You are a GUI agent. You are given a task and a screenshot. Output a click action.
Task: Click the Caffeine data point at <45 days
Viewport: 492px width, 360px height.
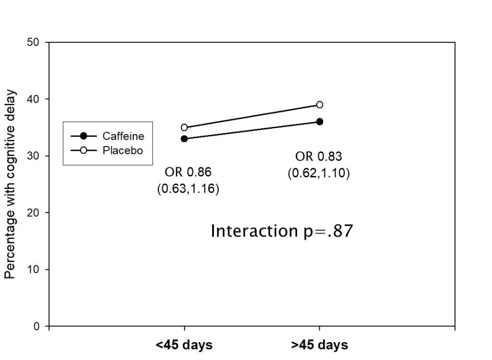pos(184,139)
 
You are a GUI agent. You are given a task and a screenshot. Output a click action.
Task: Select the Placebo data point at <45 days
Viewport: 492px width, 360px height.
pos(184,127)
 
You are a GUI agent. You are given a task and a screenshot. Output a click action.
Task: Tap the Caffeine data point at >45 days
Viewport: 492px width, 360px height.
pos(320,122)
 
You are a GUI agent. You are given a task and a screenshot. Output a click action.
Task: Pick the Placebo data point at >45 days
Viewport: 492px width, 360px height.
pos(320,105)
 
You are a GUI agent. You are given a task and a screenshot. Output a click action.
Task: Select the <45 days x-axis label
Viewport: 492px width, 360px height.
pos(184,345)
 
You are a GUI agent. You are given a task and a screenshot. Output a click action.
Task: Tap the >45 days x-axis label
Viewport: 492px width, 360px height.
pos(320,345)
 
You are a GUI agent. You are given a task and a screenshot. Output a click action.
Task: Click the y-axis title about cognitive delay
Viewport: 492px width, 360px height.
pos(10,185)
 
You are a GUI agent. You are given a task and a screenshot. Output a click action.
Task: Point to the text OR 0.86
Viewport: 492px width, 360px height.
pos(188,173)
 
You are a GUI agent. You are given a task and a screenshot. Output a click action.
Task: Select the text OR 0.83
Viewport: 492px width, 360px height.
pos(318,156)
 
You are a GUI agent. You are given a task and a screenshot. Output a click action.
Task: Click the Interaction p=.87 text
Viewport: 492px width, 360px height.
pos(282,231)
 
